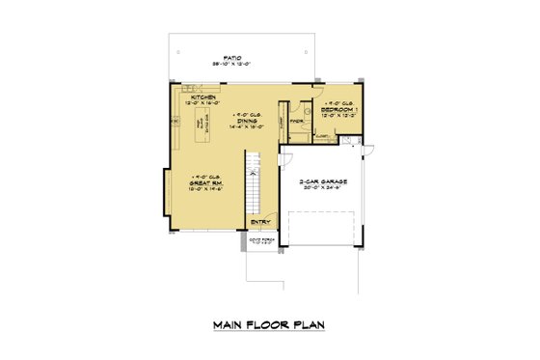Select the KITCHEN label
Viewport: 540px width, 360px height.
tap(202, 97)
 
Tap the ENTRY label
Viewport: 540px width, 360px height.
tap(260, 222)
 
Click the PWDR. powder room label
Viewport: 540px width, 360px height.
tap(297, 122)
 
